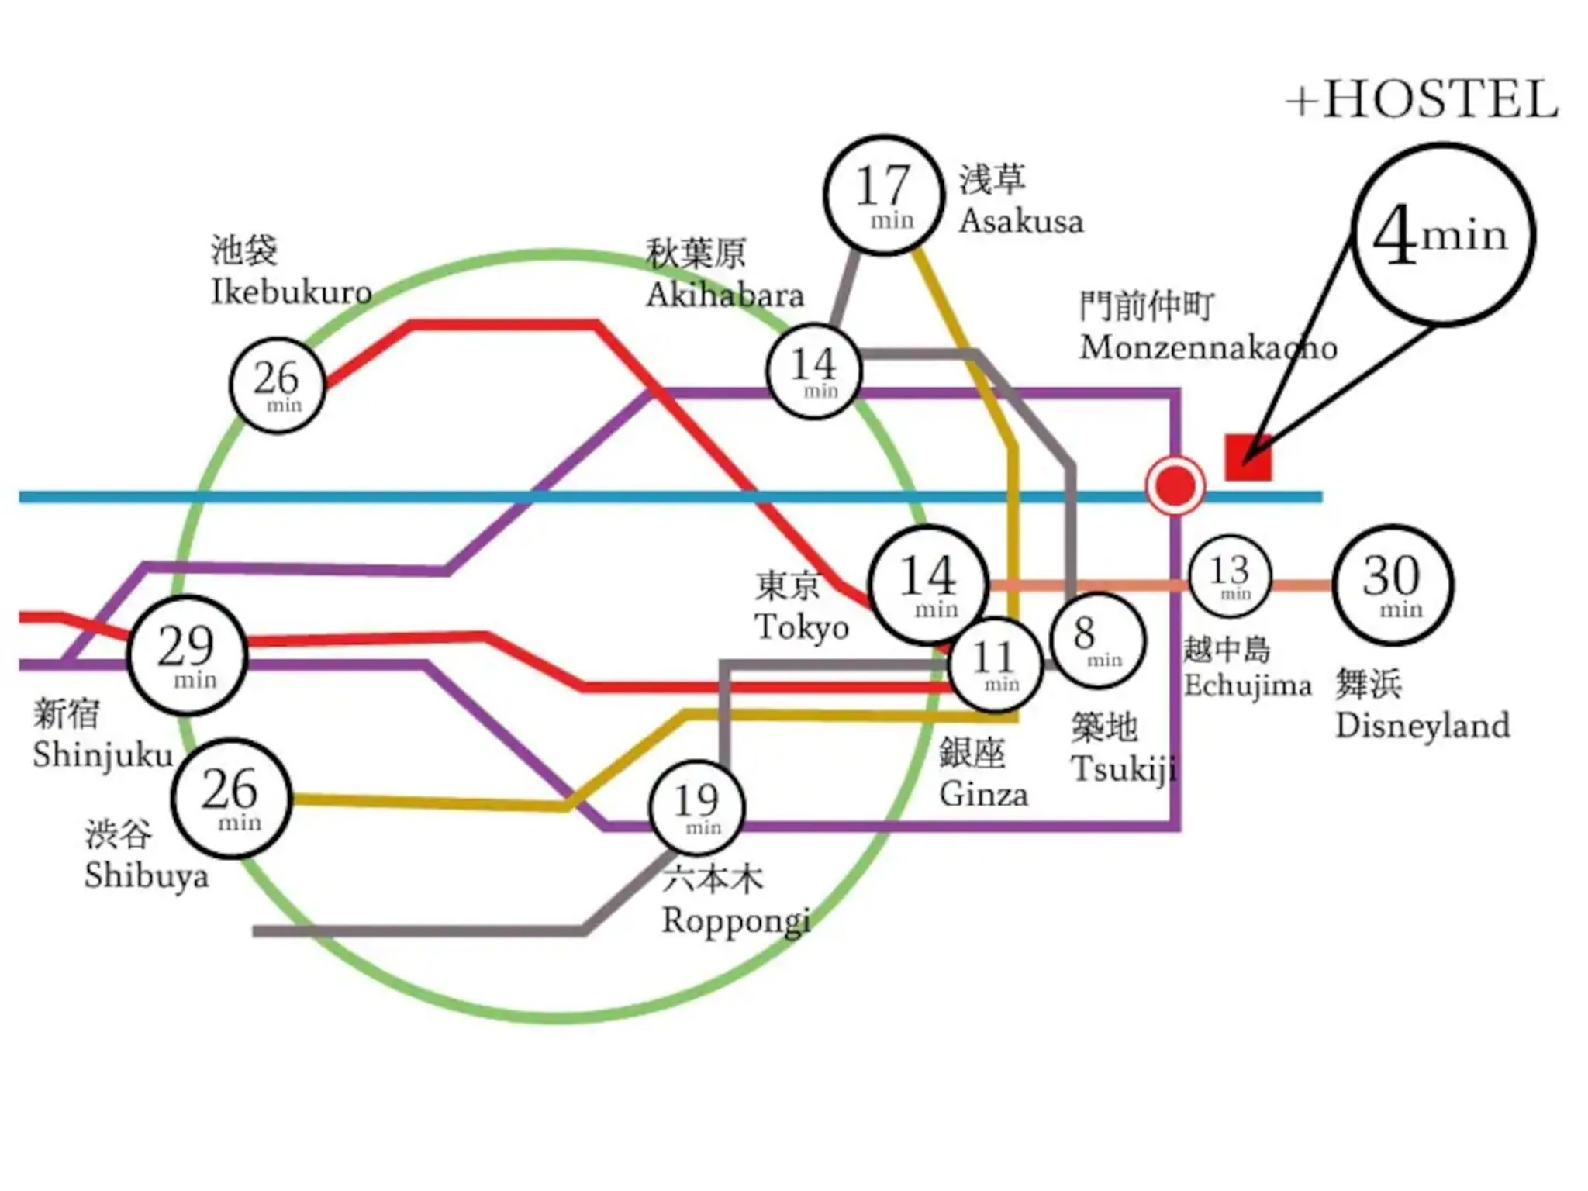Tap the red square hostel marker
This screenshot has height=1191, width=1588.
[1248, 457]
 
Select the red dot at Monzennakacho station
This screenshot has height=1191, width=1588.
[1175, 486]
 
